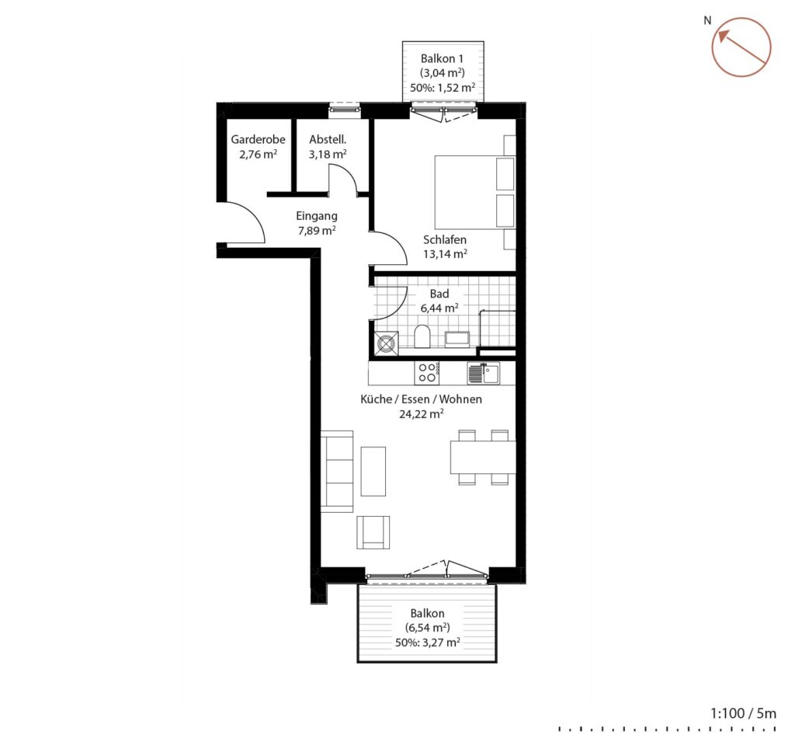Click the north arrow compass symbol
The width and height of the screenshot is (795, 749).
(741, 47)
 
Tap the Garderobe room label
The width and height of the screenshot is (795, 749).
(258, 139)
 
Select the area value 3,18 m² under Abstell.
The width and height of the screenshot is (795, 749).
(328, 154)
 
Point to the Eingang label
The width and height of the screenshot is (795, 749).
(317, 216)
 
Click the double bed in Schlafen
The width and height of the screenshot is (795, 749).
(475, 193)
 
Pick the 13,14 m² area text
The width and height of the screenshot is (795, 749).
(445, 254)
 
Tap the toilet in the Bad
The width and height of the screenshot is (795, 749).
(422, 336)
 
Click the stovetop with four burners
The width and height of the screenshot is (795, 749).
(427, 372)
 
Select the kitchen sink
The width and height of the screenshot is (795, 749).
(483, 374)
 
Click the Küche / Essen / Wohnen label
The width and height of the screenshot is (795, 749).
(421, 399)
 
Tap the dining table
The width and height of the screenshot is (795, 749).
(483, 457)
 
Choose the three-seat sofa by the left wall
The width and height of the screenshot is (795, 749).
(337, 472)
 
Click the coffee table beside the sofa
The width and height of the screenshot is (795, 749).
(373, 471)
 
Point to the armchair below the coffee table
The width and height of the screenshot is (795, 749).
(373, 532)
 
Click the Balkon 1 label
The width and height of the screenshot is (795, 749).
(442, 58)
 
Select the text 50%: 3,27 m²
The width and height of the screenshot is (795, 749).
(428, 643)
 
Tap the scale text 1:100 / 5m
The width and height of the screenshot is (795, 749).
(743, 713)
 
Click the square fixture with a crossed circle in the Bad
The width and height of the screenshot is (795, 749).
(387, 343)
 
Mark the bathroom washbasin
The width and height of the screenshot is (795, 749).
(457, 339)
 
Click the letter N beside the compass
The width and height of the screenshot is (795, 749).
(707, 20)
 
